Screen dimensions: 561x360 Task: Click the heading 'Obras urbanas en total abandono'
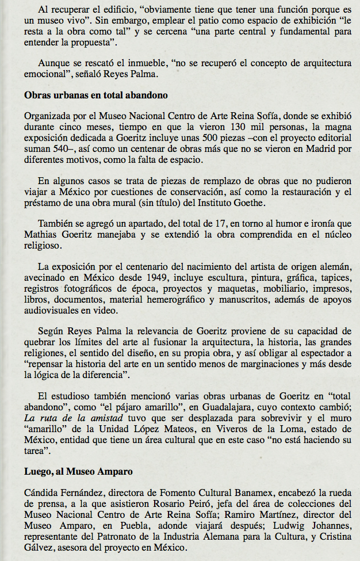pos(95,94)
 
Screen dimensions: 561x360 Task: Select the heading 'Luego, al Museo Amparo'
pos(79,472)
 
